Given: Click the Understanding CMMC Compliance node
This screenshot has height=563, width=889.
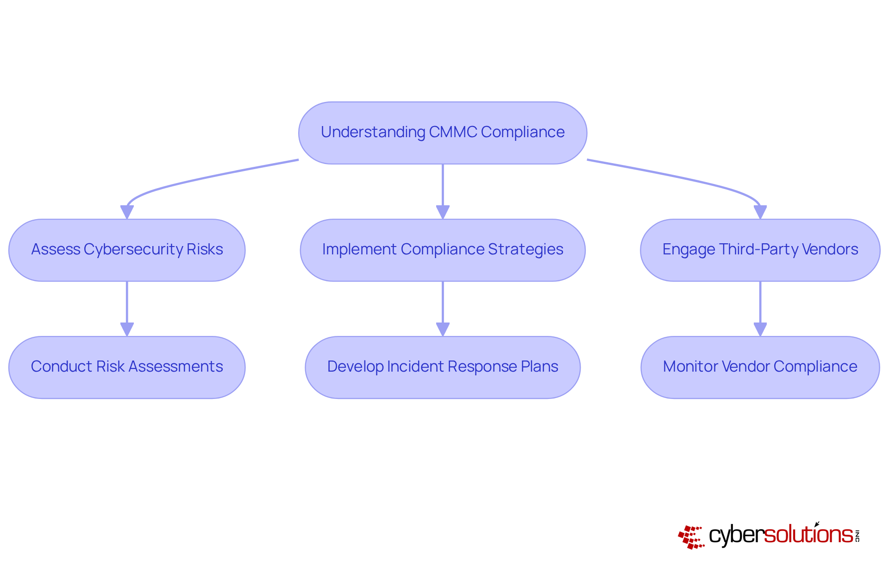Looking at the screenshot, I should (x=443, y=133).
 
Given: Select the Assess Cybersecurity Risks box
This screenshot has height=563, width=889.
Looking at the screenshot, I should (x=127, y=250).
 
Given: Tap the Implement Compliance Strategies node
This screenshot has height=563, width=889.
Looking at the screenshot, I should (x=443, y=250).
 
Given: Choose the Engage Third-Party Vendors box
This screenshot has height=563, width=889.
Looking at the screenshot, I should (x=760, y=250).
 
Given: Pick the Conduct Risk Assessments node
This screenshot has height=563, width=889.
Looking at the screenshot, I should (x=127, y=367).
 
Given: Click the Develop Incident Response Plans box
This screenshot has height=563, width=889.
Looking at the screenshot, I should (x=443, y=367).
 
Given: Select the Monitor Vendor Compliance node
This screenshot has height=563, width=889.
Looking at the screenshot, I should (x=760, y=367).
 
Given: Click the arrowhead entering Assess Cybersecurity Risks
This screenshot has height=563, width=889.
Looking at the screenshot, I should (x=127, y=212).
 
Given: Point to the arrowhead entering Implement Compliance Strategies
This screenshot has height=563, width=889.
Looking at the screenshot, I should (x=443, y=212).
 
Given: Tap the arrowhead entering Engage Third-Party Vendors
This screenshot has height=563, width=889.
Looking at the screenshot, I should (x=760, y=212).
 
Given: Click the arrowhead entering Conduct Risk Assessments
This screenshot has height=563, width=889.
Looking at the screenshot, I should (x=127, y=329).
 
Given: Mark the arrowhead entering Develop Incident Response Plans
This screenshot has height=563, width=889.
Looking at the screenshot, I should (x=443, y=329).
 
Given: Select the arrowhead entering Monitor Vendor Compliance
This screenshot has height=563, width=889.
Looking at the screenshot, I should (x=760, y=329).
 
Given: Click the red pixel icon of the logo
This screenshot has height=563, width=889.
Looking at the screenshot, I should (x=691, y=537).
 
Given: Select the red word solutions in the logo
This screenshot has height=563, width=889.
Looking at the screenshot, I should (x=808, y=535).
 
